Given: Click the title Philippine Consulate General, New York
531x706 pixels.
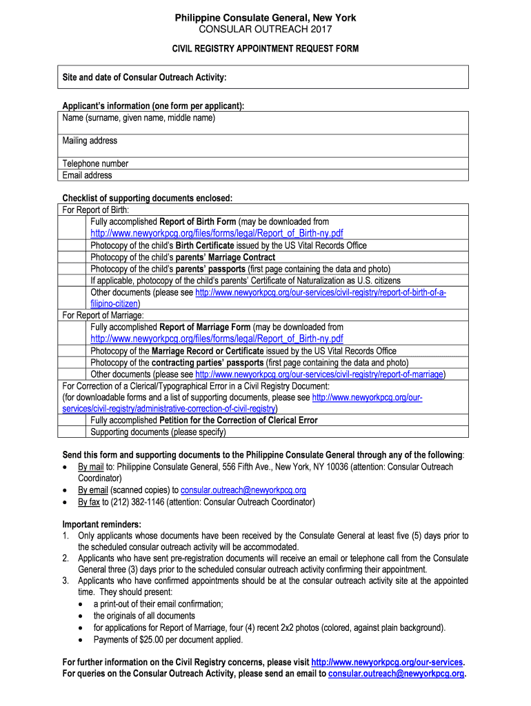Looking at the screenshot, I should tap(265, 18).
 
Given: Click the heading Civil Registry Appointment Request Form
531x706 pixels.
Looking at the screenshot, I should tap(265, 49).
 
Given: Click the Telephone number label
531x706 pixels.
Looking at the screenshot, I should tap(95, 163).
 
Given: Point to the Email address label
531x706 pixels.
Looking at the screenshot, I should tap(87, 175).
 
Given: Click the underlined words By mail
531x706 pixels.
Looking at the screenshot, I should tap(91, 467).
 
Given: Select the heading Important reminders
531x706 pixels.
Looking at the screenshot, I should tap(101, 524).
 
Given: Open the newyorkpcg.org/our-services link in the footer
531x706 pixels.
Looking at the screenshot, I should tap(388, 662).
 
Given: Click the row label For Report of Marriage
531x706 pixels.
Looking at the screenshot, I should tap(103, 315).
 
